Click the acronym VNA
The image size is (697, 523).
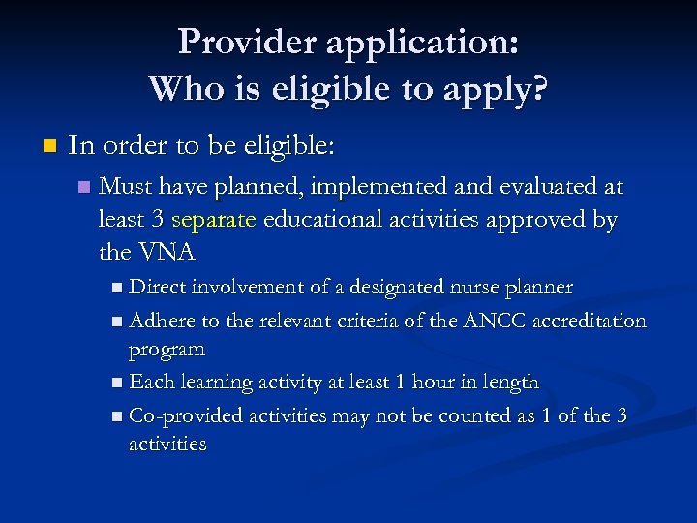166,253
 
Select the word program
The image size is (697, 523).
167,349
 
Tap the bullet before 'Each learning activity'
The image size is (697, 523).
117,383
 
